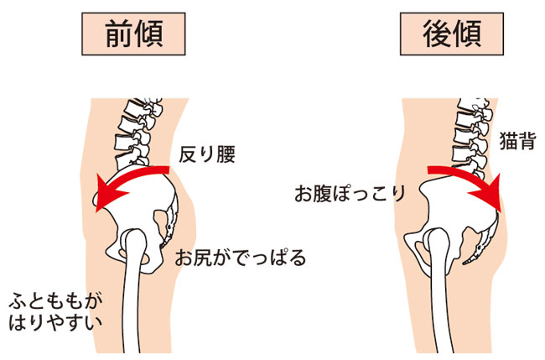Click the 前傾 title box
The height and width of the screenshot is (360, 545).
tap(133, 34)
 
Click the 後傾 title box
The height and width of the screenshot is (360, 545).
tap(452, 34)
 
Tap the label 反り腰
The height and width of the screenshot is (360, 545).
tap(207, 154)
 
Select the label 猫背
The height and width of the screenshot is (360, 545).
tap(517, 141)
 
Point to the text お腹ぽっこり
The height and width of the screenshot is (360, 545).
tap(350, 193)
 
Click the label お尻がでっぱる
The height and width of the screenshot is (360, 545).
tap(241, 258)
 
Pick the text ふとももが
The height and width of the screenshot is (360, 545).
tap(55, 301)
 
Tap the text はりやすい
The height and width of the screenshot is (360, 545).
tap(55, 323)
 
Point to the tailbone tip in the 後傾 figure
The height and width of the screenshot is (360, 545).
tap(464, 264)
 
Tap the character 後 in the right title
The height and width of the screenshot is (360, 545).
tap(437, 34)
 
